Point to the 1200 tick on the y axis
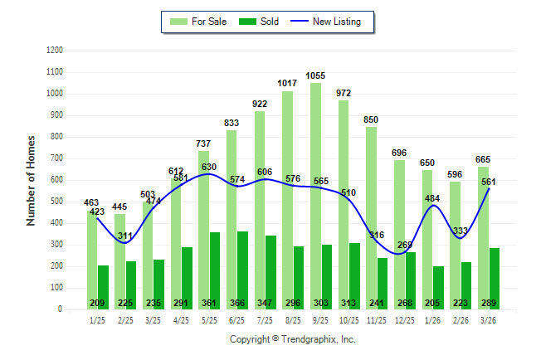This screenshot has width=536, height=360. [55, 51]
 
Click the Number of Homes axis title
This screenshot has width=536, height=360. [31, 180]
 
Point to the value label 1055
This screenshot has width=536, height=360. [315, 75]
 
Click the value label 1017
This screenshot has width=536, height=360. [287, 84]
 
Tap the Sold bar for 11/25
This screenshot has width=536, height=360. [383, 283]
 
